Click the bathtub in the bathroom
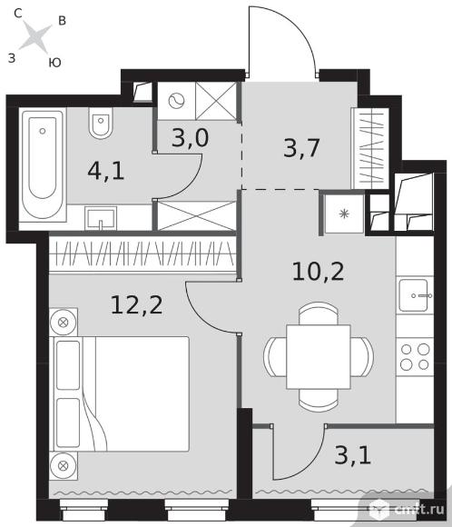pyautogui.click(x=43, y=164)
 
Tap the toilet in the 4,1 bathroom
pyautogui.click(x=101, y=123)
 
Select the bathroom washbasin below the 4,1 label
pyautogui.click(x=101, y=218)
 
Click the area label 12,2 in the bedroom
pyautogui.click(x=137, y=304)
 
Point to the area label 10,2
pyautogui.click(x=318, y=272)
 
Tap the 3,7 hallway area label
pyautogui.click(x=301, y=147)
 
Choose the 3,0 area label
pyautogui.click(x=190, y=137)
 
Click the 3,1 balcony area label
pyautogui.click(x=352, y=455)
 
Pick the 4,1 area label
pyautogui.click(x=106, y=171)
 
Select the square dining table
pyautogui.click(x=319, y=356)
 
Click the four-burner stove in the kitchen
pyautogui.click(x=415, y=357)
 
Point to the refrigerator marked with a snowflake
pyautogui.click(x=343, y=214)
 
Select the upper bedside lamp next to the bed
pyautogui.click(x=64, y=323)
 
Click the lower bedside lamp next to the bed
pyautogui.click(x=64, y=466)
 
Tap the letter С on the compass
pyautogui.click(x=18, y=13)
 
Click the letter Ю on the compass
pyautogui.click(x=54, y=63)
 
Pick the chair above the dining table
pyautogui.click(x=319, y=313)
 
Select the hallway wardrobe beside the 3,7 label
pyautogui.click(x=370, y=148)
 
